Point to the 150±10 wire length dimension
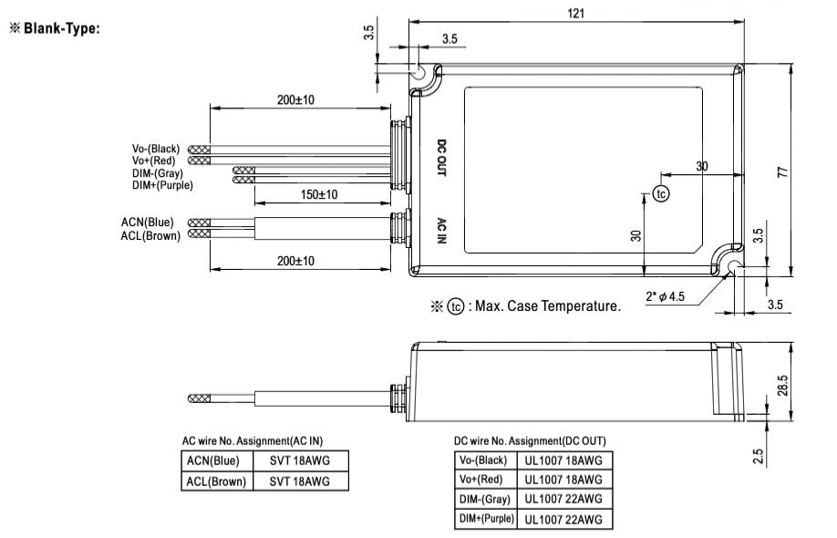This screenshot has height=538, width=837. pyautogui.click(x=319, y=195)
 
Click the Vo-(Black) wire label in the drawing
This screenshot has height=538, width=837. pyautogui.click(x=156, y=150)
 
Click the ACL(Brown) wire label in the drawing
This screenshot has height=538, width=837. pyautogui.click(x=151, y=234)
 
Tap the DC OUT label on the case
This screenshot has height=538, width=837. pyautogui.click(x=441, y=158)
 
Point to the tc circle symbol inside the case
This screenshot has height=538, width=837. pyautogui.click(x=661, y=193)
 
